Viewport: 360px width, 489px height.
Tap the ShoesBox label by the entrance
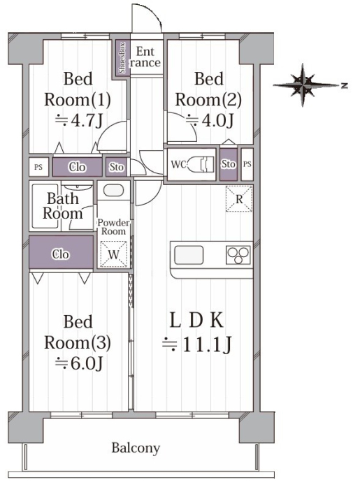click(x=122, y=58)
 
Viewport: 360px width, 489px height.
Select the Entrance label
click(x=145, y=57)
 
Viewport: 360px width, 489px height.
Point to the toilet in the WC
click(x=201, y=163)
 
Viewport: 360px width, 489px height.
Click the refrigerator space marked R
click(x=239, y=199)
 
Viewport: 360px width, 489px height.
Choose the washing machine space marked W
click(x=113, y=254)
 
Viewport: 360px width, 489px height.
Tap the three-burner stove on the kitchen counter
click(x=238, y=256)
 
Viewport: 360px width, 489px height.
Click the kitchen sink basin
click(x=189, y=256)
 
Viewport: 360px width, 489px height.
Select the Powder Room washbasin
click(x=113, y=190)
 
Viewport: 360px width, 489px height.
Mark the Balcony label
click(x=136, y=448)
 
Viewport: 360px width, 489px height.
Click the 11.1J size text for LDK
click(x=197, y=344)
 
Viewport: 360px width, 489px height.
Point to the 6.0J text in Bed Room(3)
click(x=79, y=363)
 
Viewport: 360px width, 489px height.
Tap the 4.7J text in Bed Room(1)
click(x=79, y=120)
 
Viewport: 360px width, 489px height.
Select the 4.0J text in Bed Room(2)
click(x=210, y=120)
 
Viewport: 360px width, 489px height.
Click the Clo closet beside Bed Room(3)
click(x=61, y=252)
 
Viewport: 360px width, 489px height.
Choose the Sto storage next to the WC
click(x=229, y=164)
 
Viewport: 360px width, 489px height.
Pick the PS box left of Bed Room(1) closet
click(x=38, y=167)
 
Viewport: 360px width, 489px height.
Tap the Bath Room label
click(x=63, y=206)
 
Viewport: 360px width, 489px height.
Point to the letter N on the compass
click(x=344, y=85)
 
